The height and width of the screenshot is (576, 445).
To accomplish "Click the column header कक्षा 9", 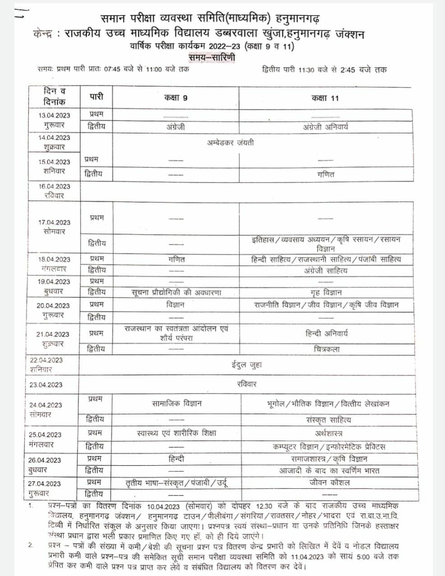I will [175, 98].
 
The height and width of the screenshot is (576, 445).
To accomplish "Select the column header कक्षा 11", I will [325, 98].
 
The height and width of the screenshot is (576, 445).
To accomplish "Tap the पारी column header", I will [96, 97].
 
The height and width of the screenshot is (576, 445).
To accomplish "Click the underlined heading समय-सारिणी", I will [212, 58].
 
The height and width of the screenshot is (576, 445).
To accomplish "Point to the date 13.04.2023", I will [54, 115].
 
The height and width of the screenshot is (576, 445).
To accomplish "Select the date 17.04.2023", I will [54, 222].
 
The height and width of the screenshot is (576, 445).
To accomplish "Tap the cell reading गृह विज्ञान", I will [326, 292].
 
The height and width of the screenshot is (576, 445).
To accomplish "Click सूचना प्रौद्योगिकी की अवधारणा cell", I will [176, 292].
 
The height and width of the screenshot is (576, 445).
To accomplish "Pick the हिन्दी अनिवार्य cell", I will [326, 333].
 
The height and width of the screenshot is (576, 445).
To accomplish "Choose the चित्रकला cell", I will [326, 349].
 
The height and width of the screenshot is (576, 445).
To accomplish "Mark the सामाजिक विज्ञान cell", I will [177, 404].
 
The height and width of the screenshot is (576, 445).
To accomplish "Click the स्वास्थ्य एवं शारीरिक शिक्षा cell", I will [176, 433].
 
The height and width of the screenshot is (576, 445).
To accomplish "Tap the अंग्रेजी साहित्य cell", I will [326, 270].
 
